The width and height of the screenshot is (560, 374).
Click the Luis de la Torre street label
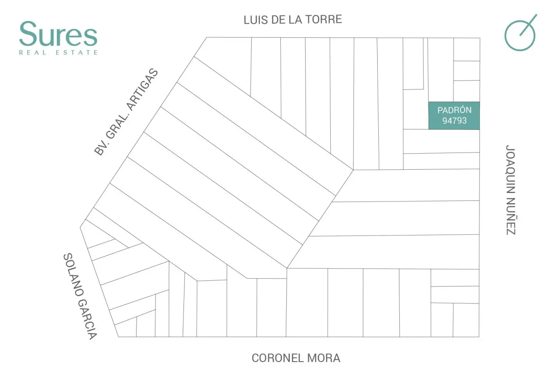pos(293,20)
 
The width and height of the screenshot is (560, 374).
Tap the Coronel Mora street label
pos(296,358)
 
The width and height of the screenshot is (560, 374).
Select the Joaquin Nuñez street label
pos(511,190)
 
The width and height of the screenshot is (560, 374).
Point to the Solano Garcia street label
pos(80,296)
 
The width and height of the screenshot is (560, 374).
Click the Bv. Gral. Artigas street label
pos(126,112)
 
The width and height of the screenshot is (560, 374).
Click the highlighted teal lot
pos(454,116)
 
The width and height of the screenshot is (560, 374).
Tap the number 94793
pos(455,121)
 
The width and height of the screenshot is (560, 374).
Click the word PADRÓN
pos(455,110)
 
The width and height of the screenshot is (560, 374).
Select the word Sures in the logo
pos(58,34)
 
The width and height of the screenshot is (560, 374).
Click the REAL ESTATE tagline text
pos(58,53)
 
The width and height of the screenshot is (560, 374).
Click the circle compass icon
pos(520,35)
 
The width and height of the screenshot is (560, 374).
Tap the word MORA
pos(324,358)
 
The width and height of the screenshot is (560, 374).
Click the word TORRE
pos(324,19)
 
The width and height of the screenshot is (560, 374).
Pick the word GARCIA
pos(87,319)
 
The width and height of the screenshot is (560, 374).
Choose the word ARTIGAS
pos(142,89)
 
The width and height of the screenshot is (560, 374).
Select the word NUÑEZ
pos(511,217)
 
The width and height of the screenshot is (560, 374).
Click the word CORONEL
pos(278,358)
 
